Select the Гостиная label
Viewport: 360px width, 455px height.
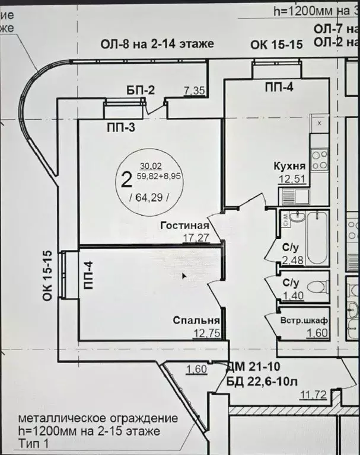185,225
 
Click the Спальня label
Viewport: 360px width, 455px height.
193,321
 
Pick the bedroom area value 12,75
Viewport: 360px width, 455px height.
207,333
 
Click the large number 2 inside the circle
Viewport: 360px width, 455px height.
126,177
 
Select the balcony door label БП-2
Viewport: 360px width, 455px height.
141,90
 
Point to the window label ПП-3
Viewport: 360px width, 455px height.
121,127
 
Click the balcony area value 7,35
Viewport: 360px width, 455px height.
195,90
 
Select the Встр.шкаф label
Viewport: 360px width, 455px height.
304,321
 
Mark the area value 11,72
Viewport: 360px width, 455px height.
314,395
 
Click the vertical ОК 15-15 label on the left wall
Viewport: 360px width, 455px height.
49,276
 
